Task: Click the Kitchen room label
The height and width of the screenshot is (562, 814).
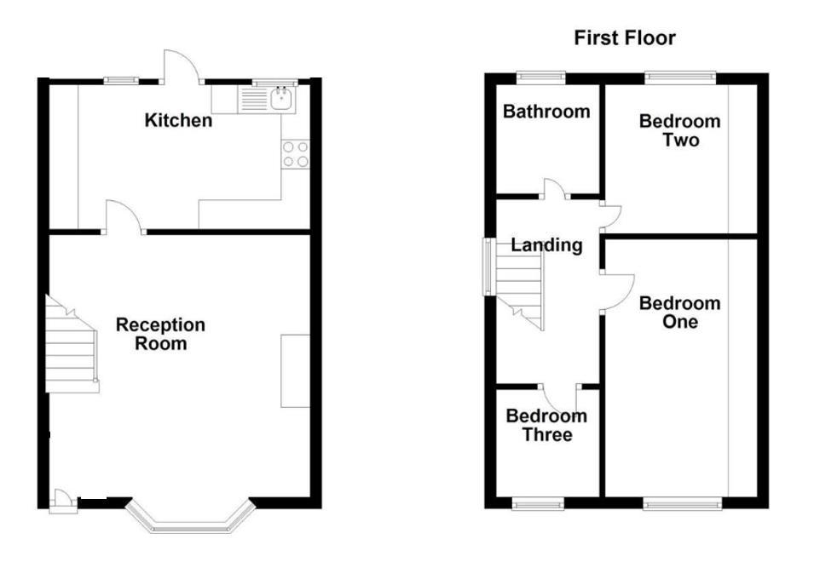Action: pos(178,120)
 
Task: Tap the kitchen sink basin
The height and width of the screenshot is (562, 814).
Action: pos(282,99)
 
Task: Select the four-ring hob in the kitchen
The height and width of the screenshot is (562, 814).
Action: pos(296,154)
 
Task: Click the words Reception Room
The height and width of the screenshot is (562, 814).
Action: pos(160,334)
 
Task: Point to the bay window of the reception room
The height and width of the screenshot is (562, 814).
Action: pos(190,519)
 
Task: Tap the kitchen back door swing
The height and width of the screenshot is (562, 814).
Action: pos(181,66)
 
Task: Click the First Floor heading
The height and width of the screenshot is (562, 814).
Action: pos(625,37)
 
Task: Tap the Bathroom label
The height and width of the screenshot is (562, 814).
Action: pos(546,112)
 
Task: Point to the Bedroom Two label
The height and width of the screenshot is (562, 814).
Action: pos(680,130)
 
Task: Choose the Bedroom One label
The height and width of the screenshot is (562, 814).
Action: pos(680,313)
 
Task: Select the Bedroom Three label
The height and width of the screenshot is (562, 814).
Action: pos(546,425)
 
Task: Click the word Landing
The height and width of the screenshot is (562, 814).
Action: pos(546,244)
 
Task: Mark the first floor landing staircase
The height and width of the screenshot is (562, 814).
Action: pos(519,285)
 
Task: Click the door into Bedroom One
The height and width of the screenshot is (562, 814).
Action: pos(618,293)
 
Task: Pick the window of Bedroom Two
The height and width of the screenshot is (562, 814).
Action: pos(680,77)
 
